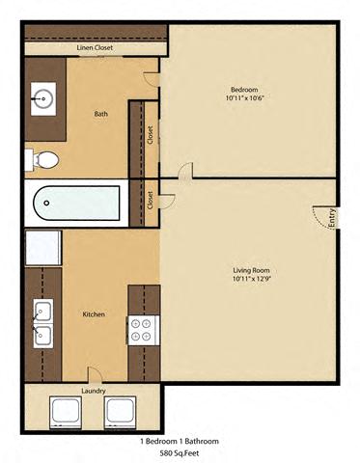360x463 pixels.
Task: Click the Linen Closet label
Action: pyautogui.click(x=95, y=47)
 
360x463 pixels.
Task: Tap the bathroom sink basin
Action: pyautogui.click(x=43, y=98)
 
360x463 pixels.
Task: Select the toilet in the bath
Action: pyautogui.click(x=42, y=159)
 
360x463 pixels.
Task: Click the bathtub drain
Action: pyautogui.click(x=46, y=203)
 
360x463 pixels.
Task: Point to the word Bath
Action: pyautogui.click(x=100, y=114)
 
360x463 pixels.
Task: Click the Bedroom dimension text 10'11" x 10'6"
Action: pyautogui.click(x=245, y=98)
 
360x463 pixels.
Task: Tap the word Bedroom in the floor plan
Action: pyautogui.click(x=244, y=90)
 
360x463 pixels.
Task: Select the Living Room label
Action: pyautogui.click(x=251, y=270)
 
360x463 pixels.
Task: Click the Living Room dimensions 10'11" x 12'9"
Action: pyautogui.click(x=251, y=279)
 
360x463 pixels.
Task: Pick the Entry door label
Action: pyautogui.click(x=332, y=219)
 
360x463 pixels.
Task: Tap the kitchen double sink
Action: pyautogui.click(x=43, y=323)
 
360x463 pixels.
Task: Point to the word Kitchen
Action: pyautogui.click(x=94, y=314)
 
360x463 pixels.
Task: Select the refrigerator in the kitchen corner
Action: pyautogui.click(x=43, y=248)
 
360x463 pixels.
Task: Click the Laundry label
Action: pyautogui.click(x=94, y=391)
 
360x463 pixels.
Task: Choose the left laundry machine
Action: pyautogui.click(x=66, y=413)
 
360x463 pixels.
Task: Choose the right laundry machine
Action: pyautogui.click(x=120, y=413)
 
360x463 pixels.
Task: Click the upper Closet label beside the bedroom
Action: pyautogui.click(x=151, y=135)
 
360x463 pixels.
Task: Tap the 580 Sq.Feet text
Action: pyautogui.click(x=180, y=453)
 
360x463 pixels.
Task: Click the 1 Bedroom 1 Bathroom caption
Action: pyautogui.click(x=180, y=441)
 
